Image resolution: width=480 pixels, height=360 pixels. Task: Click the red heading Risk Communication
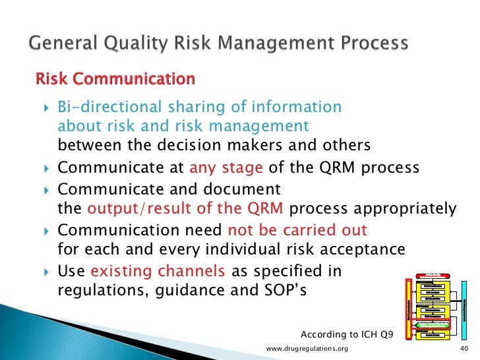point(115,79)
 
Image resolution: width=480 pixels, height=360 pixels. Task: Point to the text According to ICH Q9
point(346,334)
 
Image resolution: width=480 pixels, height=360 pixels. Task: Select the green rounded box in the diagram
point(433,325)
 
